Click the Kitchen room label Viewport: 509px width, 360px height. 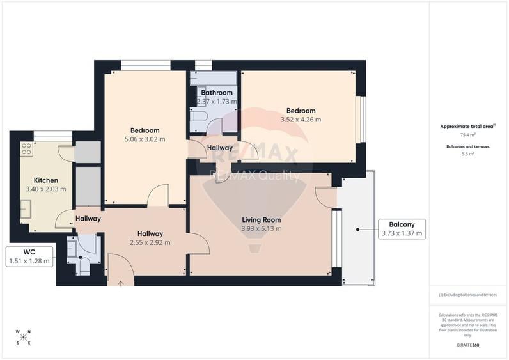(45, 180)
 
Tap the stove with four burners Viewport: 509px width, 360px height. (27, 149)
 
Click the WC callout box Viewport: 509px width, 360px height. (29, 256)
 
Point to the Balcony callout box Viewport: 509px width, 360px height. (401, 228)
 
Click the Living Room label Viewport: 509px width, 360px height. (261, 220)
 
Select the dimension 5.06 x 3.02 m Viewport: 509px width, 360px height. (145, 139)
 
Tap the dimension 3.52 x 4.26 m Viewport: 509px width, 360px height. (301, 119)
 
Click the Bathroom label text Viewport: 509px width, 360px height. (216, 93)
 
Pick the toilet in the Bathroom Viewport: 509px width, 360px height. (198, 117)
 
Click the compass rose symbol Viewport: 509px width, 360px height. (24, 336)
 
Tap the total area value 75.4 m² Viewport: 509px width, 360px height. (467, 135)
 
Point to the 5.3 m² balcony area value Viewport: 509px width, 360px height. (467, 153)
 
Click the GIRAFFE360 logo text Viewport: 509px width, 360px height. (467, 345)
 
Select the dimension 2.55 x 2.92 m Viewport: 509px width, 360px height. (150, 243)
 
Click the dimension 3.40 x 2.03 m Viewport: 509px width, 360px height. (45, 189)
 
